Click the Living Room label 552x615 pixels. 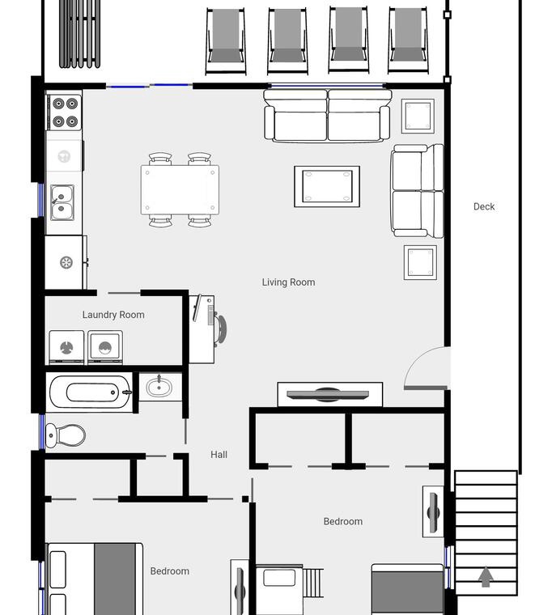(x=288, y=282)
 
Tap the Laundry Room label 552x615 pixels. (x=113, y=315)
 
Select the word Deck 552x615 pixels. (x=484, y=206)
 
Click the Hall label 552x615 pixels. (x=219, y=455)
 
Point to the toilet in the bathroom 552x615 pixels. (x=65, y=435)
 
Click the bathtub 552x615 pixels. (x=90, y=392)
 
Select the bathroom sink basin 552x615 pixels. (x=159, y=388)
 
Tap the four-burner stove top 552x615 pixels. (x=65, y=112)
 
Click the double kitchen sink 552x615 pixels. (x=62, y=202)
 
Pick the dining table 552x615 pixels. (x=180, y=190)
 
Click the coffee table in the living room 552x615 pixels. (x=327, y=186)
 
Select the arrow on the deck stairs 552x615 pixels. (x=486, y=576)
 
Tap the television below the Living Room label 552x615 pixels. (x=328, y=395)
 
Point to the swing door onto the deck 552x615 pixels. (x=426, y=369)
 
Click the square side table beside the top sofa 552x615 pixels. (x=418, y=116)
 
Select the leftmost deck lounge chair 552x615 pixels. (x=226, y=40)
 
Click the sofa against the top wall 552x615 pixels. (x=327, y=115)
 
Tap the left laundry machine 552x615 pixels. (x=66, y=347)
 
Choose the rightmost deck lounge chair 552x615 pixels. (x=408, y=40)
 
